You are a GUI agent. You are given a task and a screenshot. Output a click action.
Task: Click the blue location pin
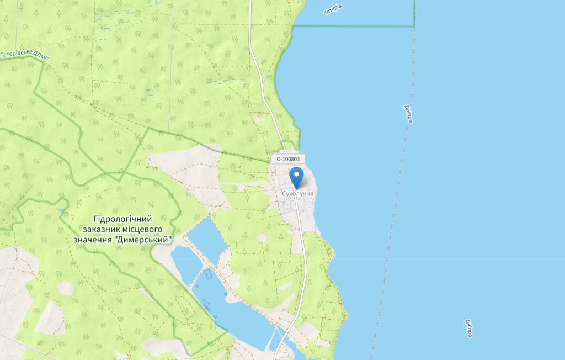coord(297,177)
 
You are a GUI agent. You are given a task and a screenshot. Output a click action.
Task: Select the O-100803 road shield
coord(287,159)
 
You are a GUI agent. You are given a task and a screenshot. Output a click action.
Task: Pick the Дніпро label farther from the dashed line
coord(468,328)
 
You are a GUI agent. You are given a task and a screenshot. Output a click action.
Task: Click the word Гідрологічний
coord(122,219)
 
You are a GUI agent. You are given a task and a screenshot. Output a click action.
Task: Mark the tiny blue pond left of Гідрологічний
coord(60,211)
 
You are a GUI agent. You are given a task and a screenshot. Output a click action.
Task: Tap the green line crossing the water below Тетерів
coord(353,25)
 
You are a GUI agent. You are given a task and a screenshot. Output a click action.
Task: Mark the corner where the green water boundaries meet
coord(414,25)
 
